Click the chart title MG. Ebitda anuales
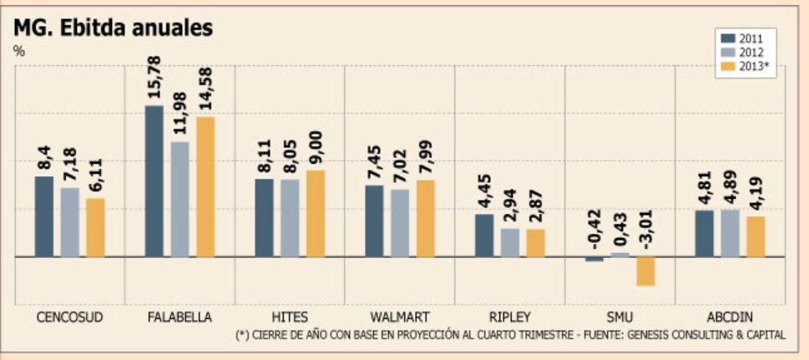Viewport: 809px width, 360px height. pos(114,28)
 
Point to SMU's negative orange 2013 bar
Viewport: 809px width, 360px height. pos(646,271)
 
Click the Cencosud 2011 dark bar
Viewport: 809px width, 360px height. pos(44,216)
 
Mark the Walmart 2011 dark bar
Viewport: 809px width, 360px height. pos(374,221)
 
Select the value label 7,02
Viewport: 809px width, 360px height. pos(400,164)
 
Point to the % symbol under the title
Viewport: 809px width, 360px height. pos(19,50)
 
